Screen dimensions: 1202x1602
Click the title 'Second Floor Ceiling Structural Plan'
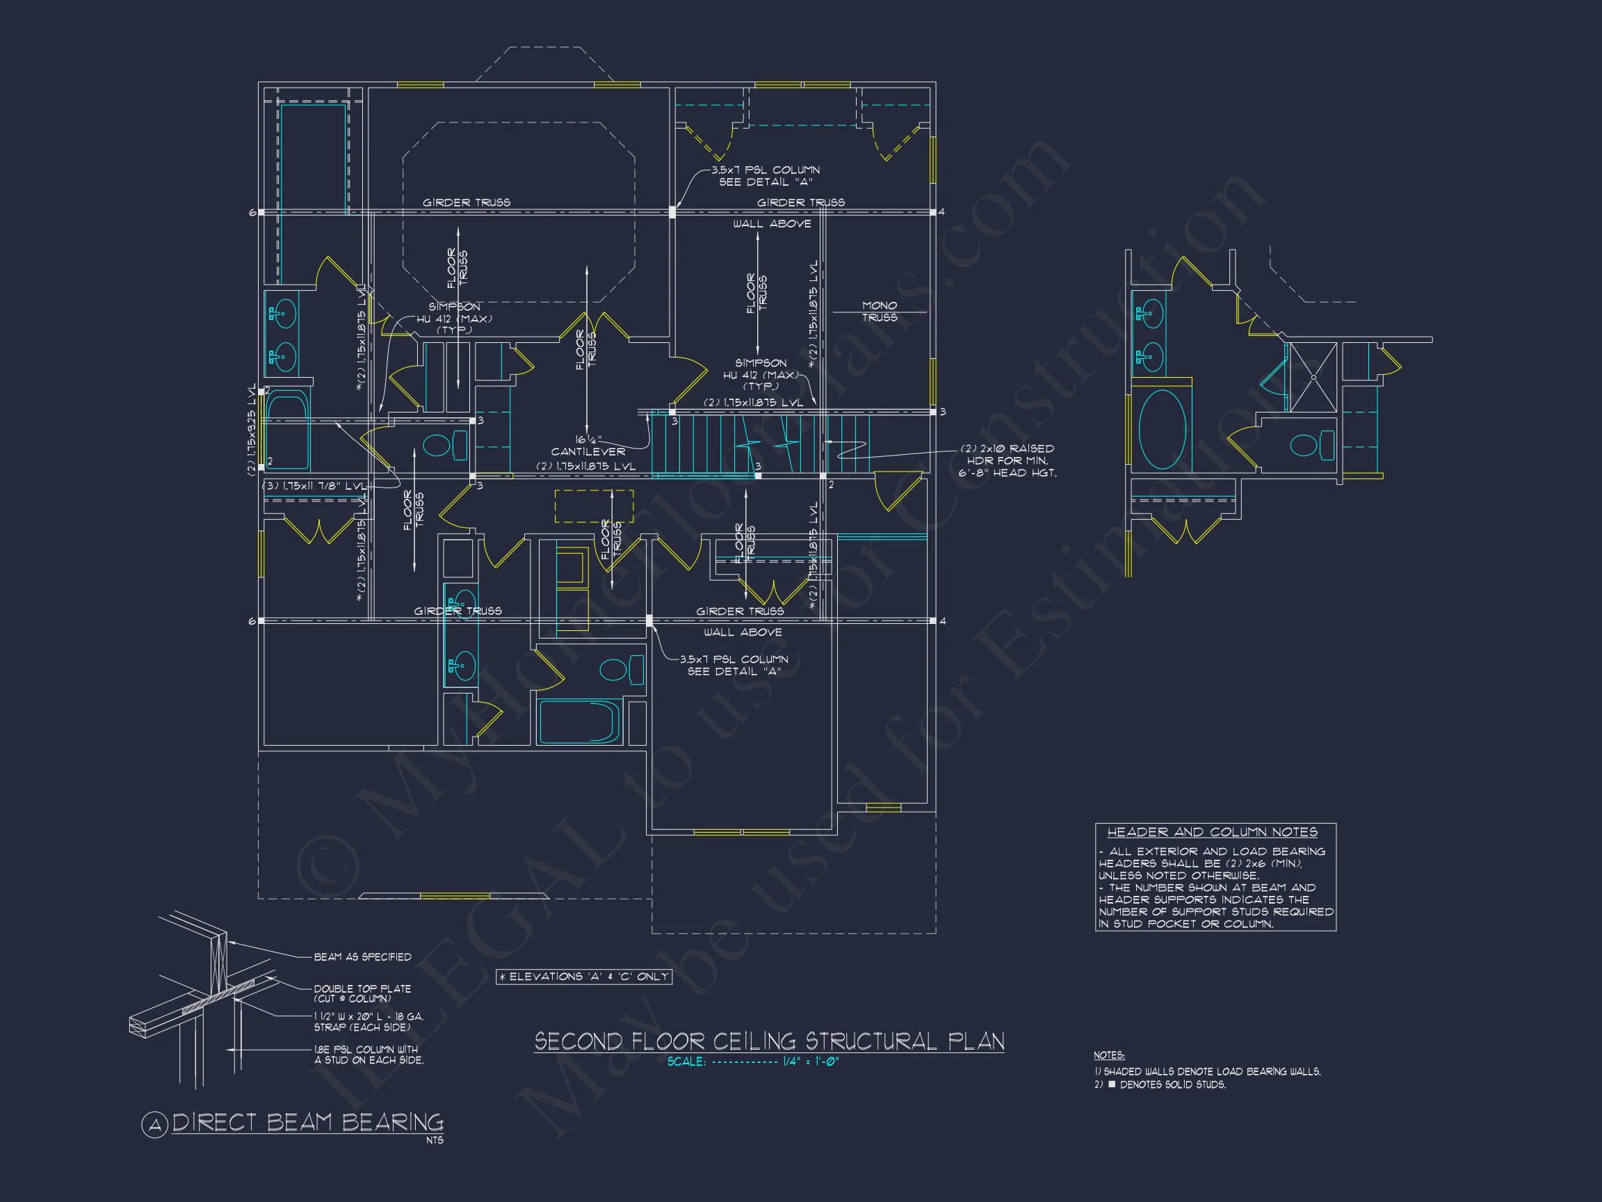(769, 1042)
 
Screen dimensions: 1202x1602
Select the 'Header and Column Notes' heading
(1213, 832)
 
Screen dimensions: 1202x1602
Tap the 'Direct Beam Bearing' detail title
(308, 1122)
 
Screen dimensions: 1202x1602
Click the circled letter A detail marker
(154, 1125)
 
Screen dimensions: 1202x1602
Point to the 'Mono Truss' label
(879, 312)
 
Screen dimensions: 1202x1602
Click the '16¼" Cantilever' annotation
(588, 446)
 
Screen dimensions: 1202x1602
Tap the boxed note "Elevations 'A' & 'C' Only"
(584, 977)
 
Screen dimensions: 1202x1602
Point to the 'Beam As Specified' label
(362, 957)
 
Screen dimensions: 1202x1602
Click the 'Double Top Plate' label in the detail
(362, 989)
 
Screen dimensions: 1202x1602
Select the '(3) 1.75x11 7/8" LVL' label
(314, 486)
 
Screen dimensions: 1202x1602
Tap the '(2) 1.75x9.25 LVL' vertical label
(251, 429)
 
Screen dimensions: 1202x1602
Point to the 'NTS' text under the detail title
(435, 1140)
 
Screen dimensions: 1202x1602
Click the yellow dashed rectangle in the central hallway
(594, 506)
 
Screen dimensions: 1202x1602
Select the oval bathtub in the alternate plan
(1162, 430)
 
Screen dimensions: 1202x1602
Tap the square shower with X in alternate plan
(1313, 377)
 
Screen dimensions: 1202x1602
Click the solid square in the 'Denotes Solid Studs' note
(1112, 1084)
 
